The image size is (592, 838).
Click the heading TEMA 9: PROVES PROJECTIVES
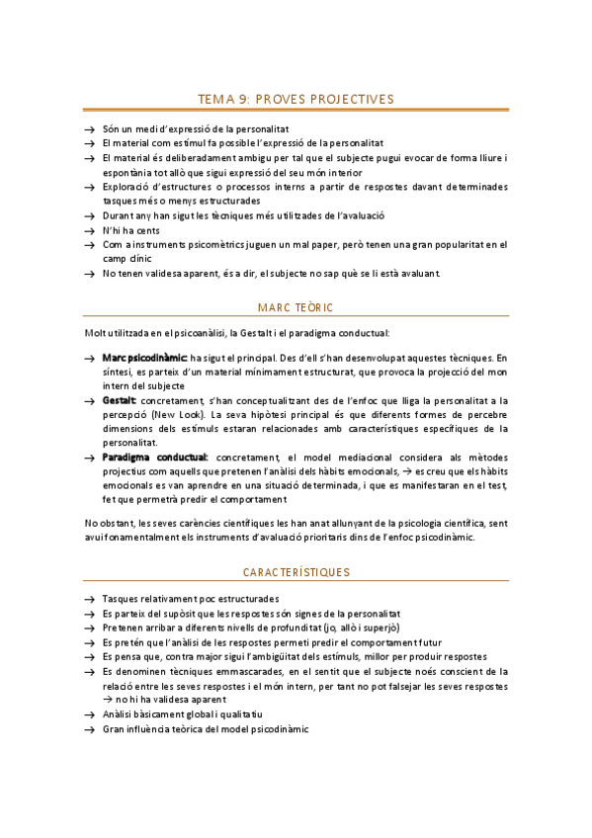[296, 99]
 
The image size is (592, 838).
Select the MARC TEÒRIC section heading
[296, 307]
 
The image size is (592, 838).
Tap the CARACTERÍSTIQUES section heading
[296, 572]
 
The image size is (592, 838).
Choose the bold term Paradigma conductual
[155, 458]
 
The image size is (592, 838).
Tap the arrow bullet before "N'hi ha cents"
[90, 230]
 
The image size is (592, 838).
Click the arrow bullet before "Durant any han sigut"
[90, 215]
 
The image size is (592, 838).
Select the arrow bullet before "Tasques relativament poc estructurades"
[90, 599]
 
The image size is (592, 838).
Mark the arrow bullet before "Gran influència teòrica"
[90, 729]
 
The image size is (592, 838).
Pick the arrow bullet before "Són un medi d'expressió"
[90, 129]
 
